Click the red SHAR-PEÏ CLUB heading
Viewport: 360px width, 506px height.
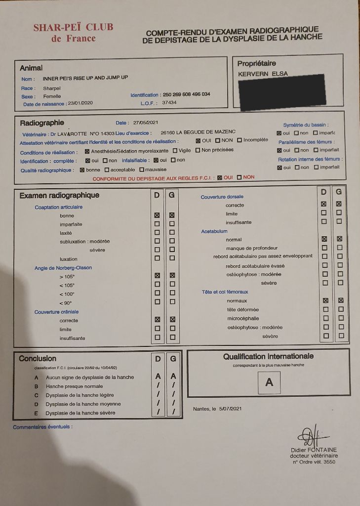[x=73, y=28]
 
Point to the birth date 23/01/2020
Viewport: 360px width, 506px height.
[x=80, y=103]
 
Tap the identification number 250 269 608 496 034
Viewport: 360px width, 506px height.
[x=186, y=94]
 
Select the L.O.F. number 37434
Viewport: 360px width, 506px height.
[x=169, y=103]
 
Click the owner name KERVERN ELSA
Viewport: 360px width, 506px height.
[x=263, y=74]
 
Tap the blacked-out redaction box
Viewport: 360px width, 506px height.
[x=281, y=92]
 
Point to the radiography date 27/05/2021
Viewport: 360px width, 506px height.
[x=146, y=123]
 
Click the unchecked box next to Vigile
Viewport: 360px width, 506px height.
[x=175, y=150]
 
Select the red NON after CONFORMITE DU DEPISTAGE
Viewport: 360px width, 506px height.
[x=248, y=177]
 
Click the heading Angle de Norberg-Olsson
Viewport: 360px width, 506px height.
[x=63, y=268]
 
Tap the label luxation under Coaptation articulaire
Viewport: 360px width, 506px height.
[x=69, y=259]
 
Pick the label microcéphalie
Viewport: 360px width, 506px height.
[x=243, y=318]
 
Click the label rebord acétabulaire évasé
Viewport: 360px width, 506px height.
[x=255, y=266]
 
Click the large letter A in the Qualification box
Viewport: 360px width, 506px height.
[x=269, y=382]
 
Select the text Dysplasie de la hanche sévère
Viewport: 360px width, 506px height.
[x=80, y=413]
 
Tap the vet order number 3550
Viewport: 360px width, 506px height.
[x=329, y=462]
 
